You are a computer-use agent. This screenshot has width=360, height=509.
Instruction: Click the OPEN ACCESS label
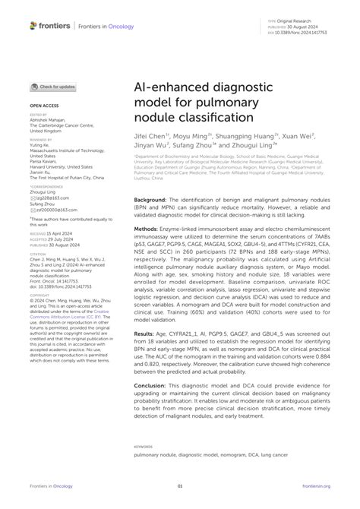click(45, 106)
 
